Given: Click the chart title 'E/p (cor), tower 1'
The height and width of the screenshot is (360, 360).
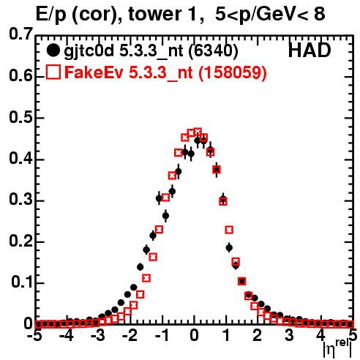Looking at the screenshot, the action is [x=120, y=15].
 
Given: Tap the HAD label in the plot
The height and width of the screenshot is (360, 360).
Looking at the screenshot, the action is [x=310, y=50].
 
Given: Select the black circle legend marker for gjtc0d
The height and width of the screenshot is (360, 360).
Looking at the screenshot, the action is [x=53, y=50].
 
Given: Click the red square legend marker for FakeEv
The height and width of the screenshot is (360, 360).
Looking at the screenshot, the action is [x=53, y=72].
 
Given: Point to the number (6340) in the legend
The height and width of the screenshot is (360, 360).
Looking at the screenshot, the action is [x=213, y=51].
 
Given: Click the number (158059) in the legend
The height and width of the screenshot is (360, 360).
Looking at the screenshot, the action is [x=233, y=72].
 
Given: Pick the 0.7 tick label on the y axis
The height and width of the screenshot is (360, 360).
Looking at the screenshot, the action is [x=20, y=34].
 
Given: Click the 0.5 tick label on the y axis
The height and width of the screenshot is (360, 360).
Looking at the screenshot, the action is [x=20, y=117].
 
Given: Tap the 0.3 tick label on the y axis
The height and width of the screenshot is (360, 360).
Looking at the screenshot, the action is [x=20, y=200].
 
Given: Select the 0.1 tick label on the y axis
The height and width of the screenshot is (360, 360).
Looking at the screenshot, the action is [x=21, y=282].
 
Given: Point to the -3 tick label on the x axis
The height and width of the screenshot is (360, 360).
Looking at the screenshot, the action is [x=98, y=335].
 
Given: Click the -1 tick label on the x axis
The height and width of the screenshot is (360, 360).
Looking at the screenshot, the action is [x=162, y=335].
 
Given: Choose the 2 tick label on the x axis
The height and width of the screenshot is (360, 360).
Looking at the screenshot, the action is [x=258, y=335].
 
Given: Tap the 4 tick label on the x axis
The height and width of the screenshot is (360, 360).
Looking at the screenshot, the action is [x=321, y=335].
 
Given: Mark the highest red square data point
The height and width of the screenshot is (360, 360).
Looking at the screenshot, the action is [x=198, y=132].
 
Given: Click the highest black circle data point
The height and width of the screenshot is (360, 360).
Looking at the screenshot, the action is [x=198, y=140].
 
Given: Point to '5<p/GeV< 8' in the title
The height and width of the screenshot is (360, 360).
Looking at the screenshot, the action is [x=270, y=15].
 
